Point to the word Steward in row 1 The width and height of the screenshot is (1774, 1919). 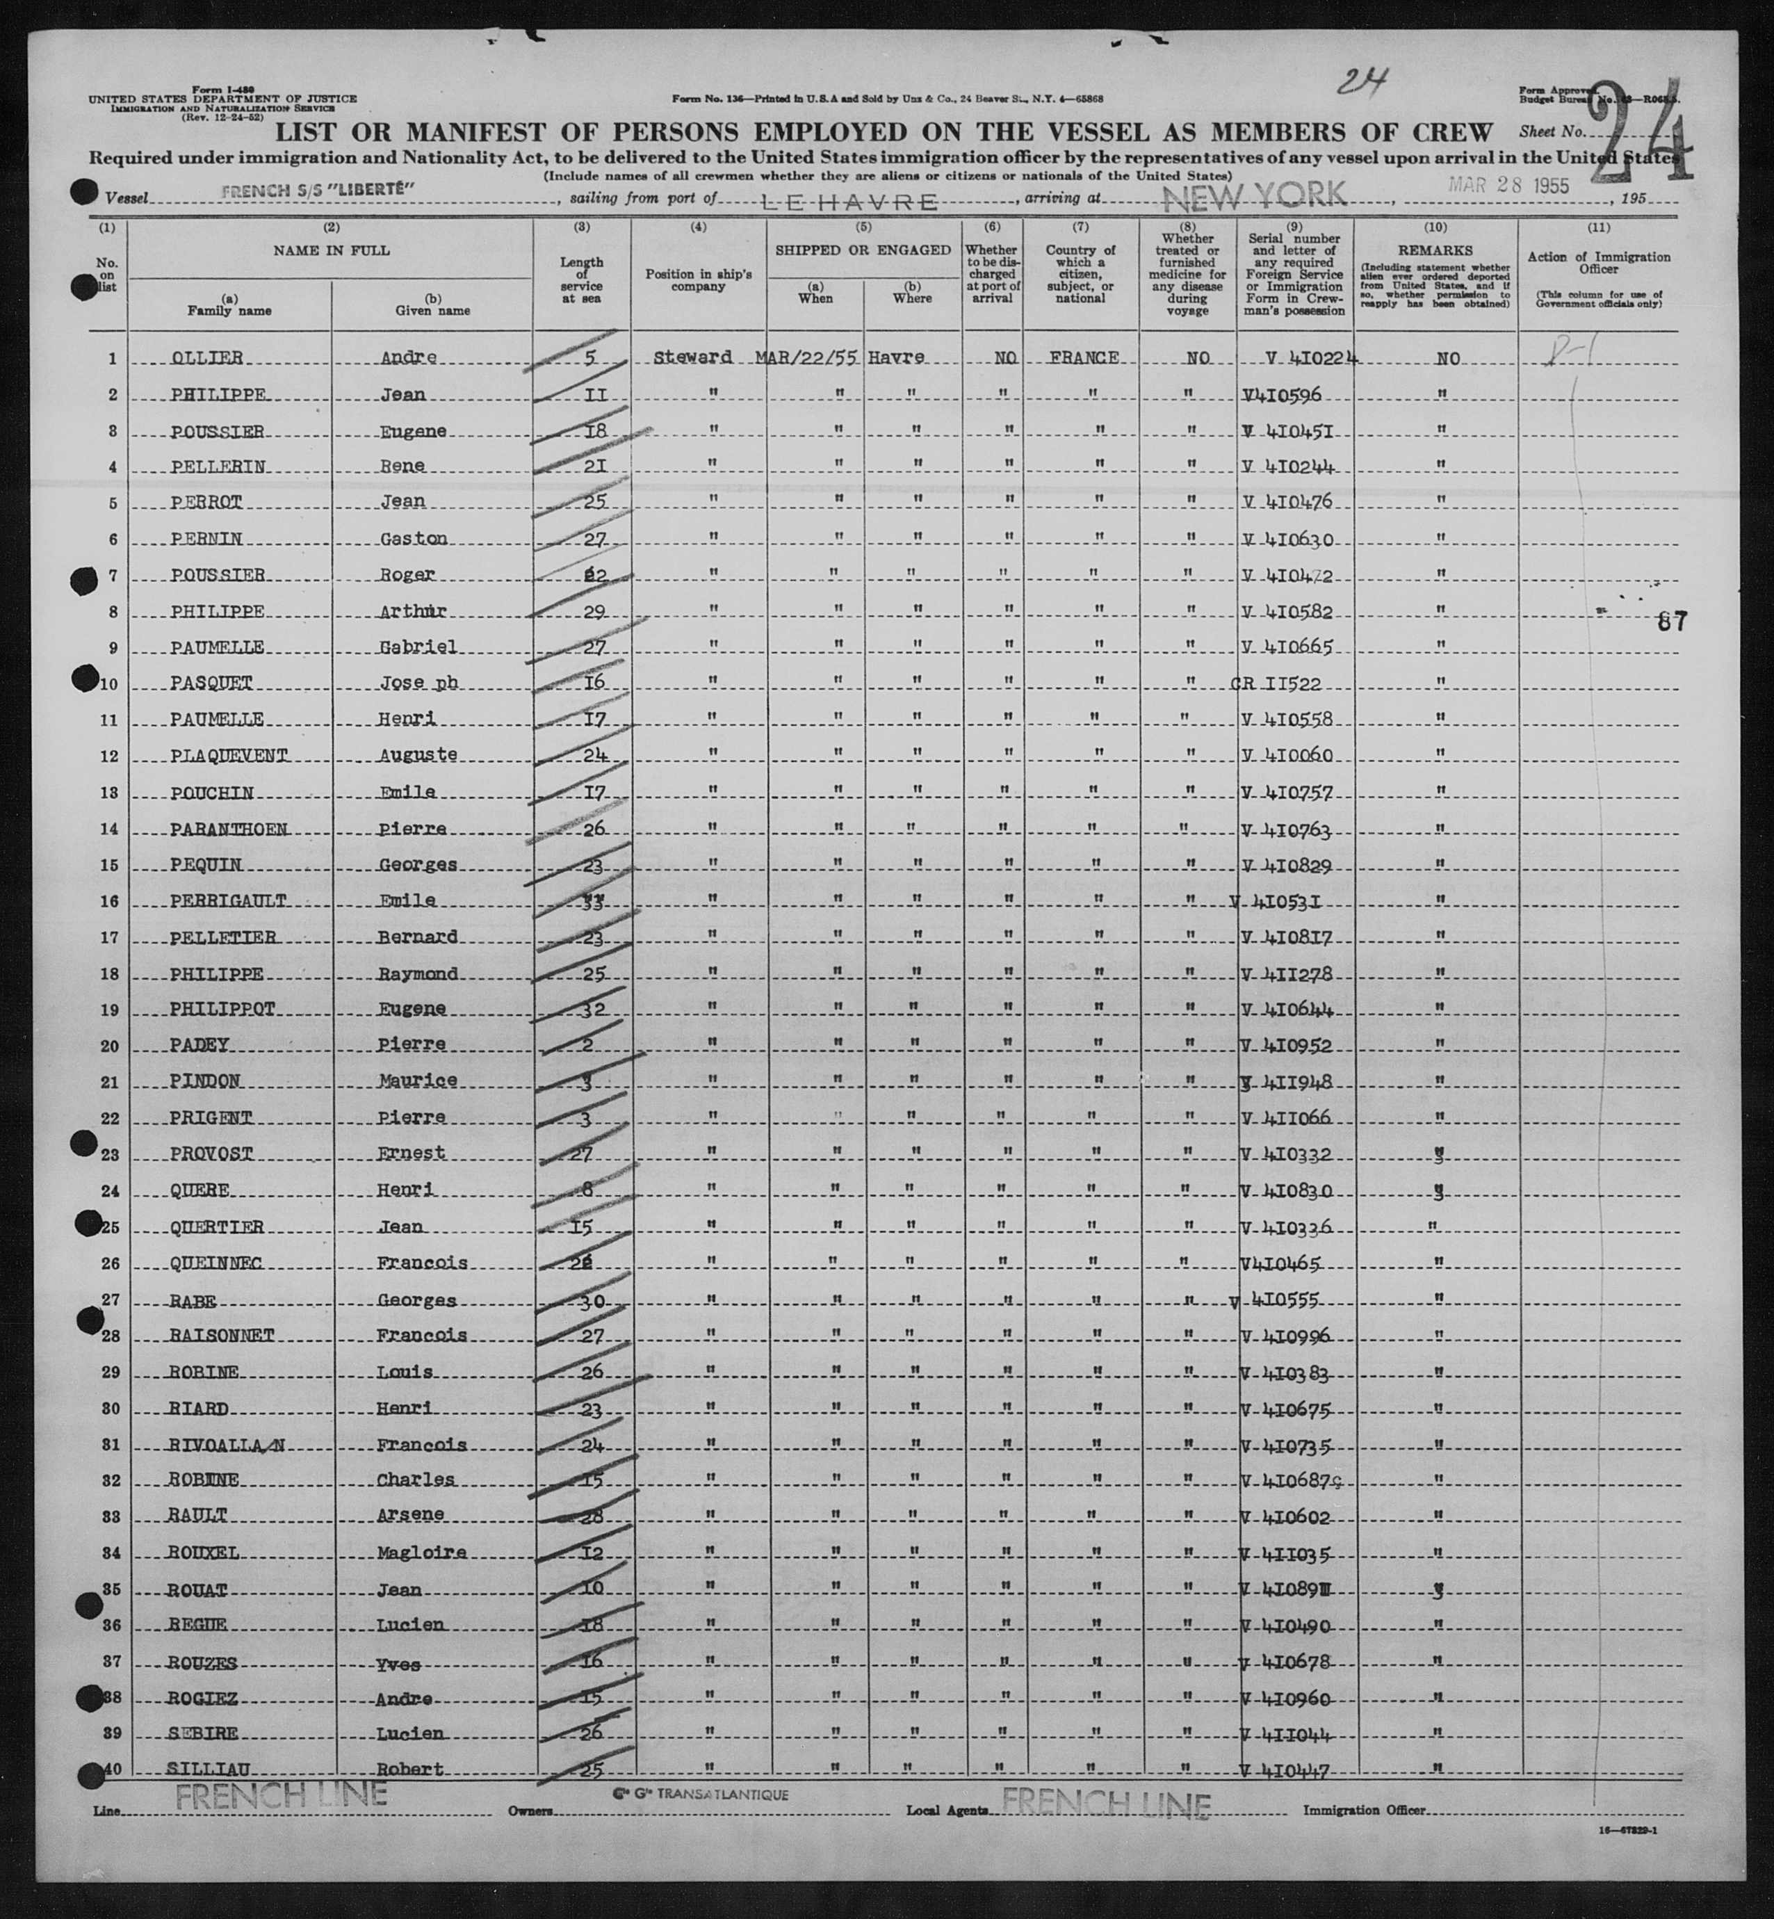pos(692,357)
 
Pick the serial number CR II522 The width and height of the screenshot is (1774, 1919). pos(1277,683)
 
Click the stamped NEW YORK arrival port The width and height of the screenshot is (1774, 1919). pos(1255,196)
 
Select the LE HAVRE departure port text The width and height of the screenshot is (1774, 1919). pos(849,202)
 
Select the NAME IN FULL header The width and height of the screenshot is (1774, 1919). pos(331,250)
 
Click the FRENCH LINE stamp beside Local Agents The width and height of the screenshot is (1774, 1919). pos(1106,1806)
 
